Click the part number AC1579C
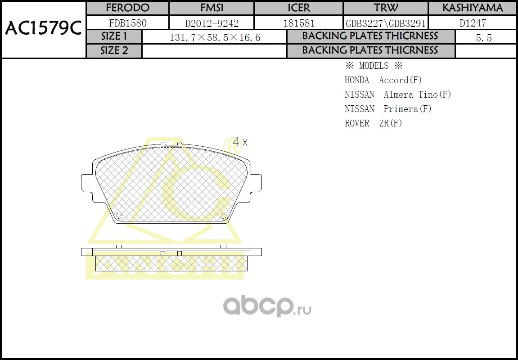pos(43,29)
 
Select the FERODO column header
pos(127,8)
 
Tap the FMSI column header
pos(212,8)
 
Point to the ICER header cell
pos(299,8)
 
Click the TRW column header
pos(386,8)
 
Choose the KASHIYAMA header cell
pos(473,8)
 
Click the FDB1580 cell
pos(127,23)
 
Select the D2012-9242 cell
pos(212,23)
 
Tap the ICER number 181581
pos(299,23)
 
